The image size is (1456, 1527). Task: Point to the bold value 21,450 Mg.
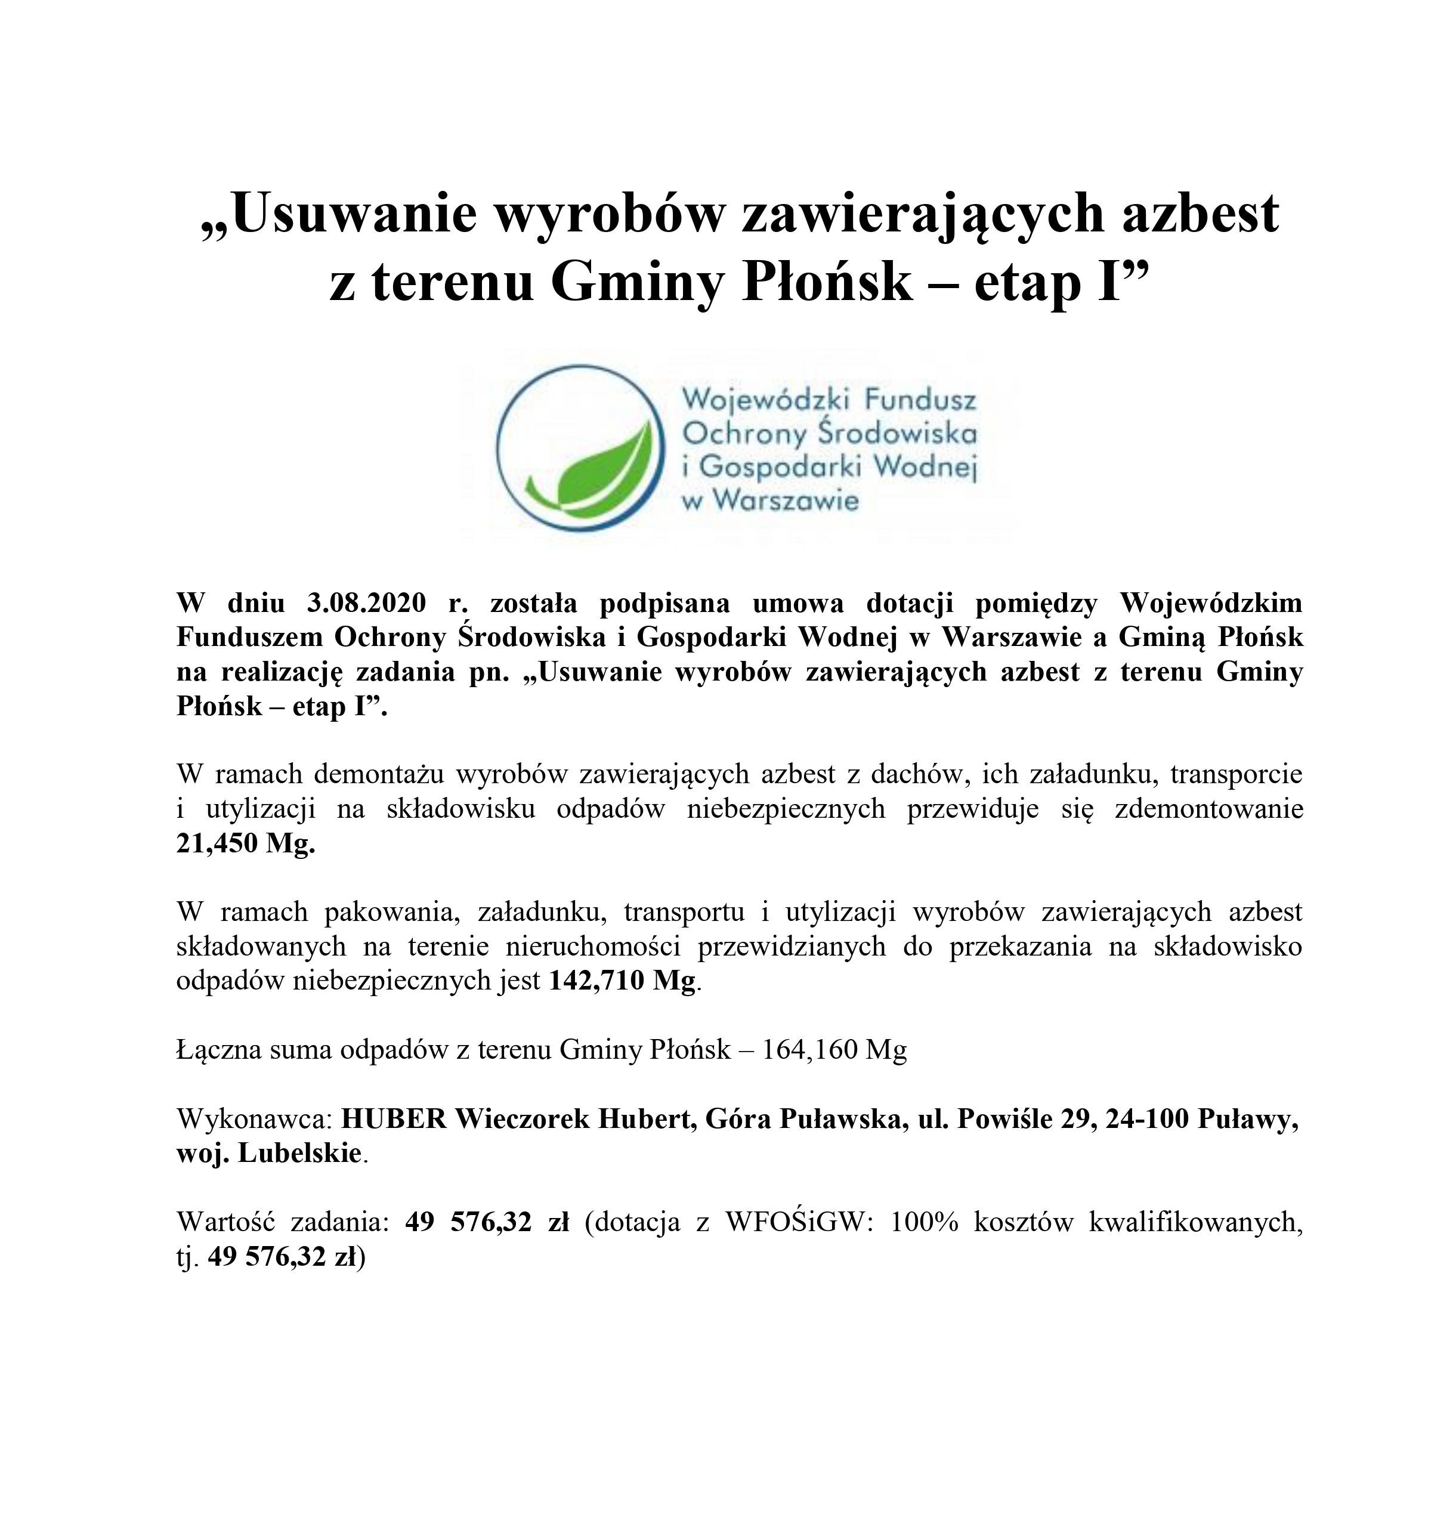245,843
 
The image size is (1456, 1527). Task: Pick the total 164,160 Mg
834,1050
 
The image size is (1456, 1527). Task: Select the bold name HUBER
394,1120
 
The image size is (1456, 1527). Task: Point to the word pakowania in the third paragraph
389,912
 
